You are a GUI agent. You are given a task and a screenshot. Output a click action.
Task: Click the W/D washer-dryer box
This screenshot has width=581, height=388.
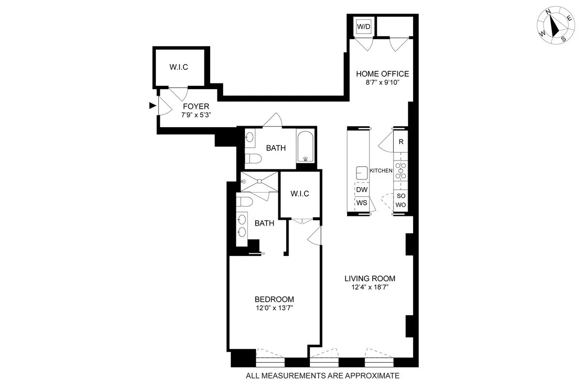click(x=364, y=27)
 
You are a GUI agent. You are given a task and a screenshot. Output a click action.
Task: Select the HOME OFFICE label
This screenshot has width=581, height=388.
click(x=382, y=74)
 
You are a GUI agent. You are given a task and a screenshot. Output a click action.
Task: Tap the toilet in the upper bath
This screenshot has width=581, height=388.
click(x=252, y=158)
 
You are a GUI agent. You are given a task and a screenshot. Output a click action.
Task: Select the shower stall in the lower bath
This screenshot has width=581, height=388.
click(x=260, y=181)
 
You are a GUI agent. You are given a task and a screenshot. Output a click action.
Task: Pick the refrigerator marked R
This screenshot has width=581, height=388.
click(x=401, y=142)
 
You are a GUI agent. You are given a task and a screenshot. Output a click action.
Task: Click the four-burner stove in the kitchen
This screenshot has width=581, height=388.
click(x=401, y=171)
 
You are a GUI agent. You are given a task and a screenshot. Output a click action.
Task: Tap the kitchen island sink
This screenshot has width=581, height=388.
click(x=361, y=172)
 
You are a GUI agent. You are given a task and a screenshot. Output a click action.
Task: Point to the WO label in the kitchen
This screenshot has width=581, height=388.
click(x=401, y=205)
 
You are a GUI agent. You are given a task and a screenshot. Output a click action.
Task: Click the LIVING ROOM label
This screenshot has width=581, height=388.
click(x=370, y=278)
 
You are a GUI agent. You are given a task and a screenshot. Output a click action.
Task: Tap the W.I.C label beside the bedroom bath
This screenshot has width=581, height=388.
click(x=300, y=194)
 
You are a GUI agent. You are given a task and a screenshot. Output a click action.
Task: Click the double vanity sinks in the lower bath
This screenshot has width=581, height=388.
click(x=242, y=226)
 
